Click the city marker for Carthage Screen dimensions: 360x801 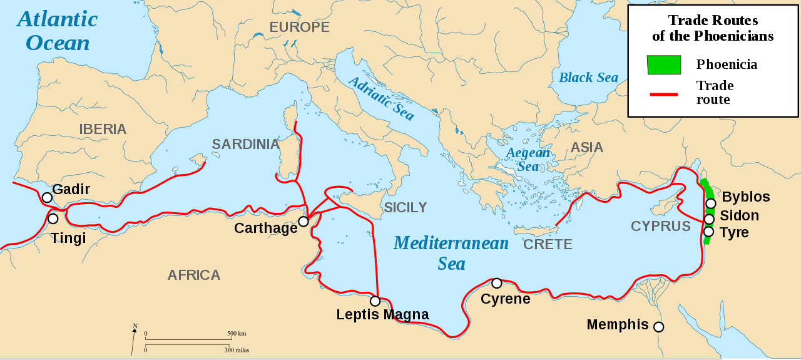pyautogui.click(x=304, y=222)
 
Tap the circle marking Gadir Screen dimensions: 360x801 pyautogui.click(x=47, y=198)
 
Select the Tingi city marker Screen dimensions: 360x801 pyautogui.click(x=53, y=219)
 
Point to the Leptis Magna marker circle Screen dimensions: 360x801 pyautogui.click(x=375, y=301)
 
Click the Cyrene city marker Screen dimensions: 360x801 pyautogui.click(x=497, y=283)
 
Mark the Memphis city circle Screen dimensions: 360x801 pyautogui.click(x=658, y=327)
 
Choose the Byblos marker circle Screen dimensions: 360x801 pyautogui.click(x=711, y=203)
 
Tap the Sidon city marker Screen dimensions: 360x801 pyautogui.click(x=709, y=219)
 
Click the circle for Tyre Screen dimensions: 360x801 pyautogui.click(x=708, y=232)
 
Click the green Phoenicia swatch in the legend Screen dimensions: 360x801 pyautogui.click(x=664, y=64)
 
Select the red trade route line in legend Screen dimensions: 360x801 pyautogui.click(x=664, y=94)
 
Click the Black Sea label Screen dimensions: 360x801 pyautogui.click(x=588, y=78)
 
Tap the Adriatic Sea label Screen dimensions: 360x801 pyautogui.click(x=380, y=98)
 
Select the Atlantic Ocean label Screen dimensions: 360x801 pyautogui.click(x=57, y=31)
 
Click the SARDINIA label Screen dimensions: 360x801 pyautogui.click(x=245, y=145)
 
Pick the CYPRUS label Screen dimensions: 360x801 pyautogui.click(x=660, y=227)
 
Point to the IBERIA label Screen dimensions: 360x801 pyautogui.click(x=103, y=130)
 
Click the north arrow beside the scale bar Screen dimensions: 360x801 pyautogui.click(x=135, y=338)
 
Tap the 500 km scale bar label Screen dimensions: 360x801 pyautogui.click(x=237, y=334)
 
